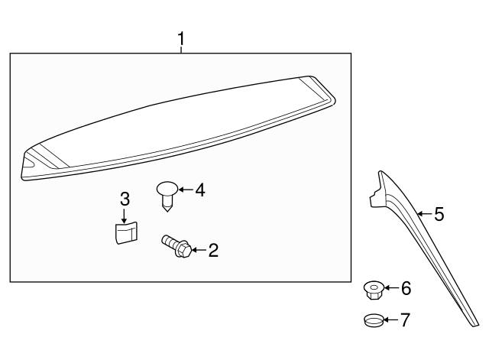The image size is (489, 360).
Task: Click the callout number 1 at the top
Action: click(x=181, y=37)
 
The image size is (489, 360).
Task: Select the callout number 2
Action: click(x=213, y=250)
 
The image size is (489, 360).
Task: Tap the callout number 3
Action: click(x=125, y=199)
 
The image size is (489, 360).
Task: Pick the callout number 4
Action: click(x=200, y=190)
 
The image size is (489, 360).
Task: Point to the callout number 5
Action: click(x=439, y=214)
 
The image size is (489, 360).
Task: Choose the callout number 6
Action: click(x=406, y=288)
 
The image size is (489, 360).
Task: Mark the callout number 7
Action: click(x=406, y=319)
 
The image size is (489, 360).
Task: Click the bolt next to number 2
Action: click(x=175, y=246)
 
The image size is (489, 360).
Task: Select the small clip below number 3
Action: click(x=125, y=231)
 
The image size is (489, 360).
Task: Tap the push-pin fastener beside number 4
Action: click(x=167, y=194)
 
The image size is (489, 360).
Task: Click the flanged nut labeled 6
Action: click(x=372, y=290)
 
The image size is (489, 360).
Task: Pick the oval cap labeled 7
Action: click(x=372, y=320)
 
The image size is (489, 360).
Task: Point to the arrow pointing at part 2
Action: click(x=197, y=250)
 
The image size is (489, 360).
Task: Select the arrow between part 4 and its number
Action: click(x=186, y=190)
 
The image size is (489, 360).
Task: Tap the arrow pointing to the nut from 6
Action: click(x=390, y=288)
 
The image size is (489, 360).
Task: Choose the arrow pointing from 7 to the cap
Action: click(x=390, y=319)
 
